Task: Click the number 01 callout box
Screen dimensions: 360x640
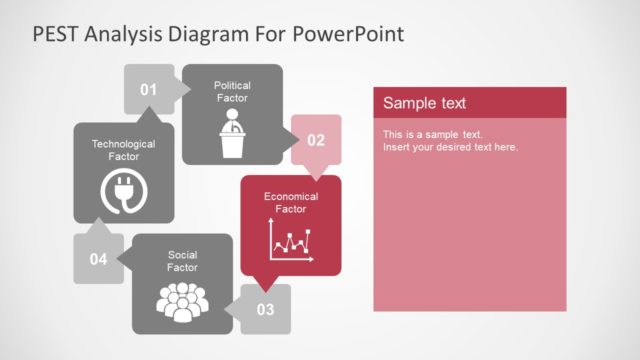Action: pos(148,90)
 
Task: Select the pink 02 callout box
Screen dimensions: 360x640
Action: pos(315,140)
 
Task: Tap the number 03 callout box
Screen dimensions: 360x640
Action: pos(265,309)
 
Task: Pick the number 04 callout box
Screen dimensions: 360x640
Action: pos(98,259)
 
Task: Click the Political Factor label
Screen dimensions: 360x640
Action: pos(232,92)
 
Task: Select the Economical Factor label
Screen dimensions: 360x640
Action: pos(291,202)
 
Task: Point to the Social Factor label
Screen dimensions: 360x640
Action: pos(182,261)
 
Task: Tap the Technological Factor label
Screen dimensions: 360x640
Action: pos(123,150)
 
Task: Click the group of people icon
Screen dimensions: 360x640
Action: pos(182,303)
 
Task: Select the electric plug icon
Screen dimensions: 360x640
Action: pos(123,192)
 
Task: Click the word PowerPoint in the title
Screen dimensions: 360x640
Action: pos(348,34)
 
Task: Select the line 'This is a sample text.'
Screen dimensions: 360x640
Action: pos(432,134)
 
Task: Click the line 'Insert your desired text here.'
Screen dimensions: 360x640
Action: pos(450,147)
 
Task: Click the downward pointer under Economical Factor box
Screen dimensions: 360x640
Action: pos(263,282)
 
